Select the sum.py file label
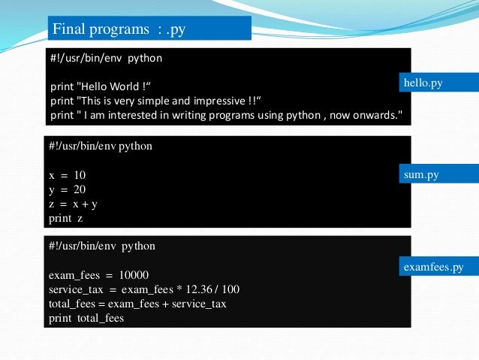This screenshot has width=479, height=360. click(x=421, y=175)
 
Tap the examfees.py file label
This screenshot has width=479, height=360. click(x=433, y=267)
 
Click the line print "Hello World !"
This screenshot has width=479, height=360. click(x=106, y=86)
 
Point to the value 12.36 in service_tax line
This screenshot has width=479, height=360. click(x=192, y=289)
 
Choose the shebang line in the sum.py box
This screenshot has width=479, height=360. click(x=101, y=147)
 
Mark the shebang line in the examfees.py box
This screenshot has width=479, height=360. click(x=102, y=247)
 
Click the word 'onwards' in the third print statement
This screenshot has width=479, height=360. click(x=375, y=115)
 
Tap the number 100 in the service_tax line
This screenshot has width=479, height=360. click(x=231, y=289)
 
